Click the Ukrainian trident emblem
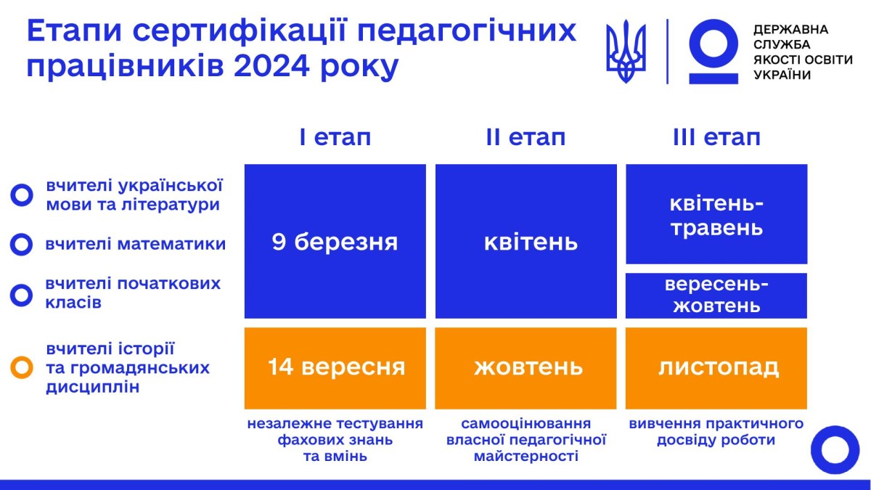coord(626,51)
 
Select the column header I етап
coord(335,137)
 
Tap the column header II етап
coord(526,137)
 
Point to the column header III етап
coord(716,137)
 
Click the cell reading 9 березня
coord(335,241)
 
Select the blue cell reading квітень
coord(526,241)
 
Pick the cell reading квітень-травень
coord(716,214)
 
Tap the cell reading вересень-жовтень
coord(716,295)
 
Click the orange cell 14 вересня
coord(335,367)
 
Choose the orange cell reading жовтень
coord(526,367)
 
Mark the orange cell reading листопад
coord(716,367)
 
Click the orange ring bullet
coord(22,368)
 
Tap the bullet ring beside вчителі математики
coord(21,245)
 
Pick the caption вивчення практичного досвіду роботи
coord(716,431)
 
